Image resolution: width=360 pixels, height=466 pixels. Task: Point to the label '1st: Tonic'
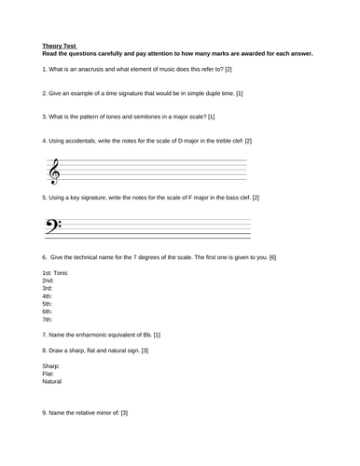tap(55, 272)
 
